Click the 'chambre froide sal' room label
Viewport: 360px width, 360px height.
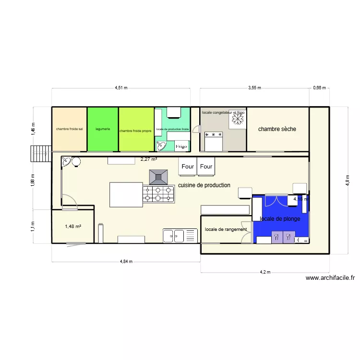point(69,129)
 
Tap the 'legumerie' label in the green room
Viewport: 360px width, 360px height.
point(103,129)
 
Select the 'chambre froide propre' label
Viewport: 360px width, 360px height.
point(136,131)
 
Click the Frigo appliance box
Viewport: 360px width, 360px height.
point(181,146)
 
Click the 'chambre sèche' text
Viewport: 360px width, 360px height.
point(277,129)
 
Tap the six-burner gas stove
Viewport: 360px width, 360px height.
point(158,193)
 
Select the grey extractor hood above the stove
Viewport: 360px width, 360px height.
point(158,177)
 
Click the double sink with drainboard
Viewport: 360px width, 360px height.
point(180,236)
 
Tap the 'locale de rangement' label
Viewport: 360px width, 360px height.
point(226,229)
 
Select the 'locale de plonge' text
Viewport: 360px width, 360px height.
point(280,219)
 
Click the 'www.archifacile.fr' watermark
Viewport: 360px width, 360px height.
point(330,277)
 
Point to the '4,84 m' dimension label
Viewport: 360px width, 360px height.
point(126,262)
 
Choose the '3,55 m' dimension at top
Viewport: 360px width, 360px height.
point(254,88)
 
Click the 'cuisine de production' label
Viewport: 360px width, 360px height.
point(204,185)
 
